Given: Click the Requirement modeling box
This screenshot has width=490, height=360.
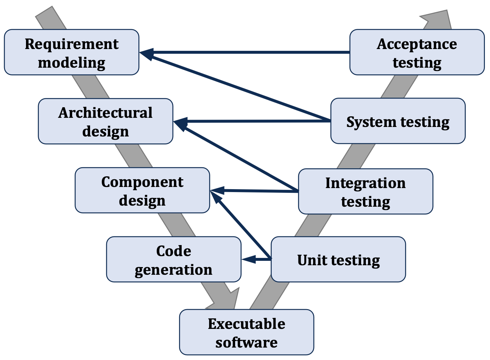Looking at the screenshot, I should [x=71, y=52].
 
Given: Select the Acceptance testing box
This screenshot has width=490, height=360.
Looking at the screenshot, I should [x=417, y=52].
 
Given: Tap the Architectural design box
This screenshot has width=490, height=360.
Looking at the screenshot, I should [x=105, y=121].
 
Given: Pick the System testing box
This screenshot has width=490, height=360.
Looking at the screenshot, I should [x=398, y=121].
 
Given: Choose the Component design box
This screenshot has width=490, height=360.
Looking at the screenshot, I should [x=142, y=190].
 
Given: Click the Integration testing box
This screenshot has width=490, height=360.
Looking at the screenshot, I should [x=365, y=191].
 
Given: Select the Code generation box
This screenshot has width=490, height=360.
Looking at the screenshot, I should [x=174, y=259].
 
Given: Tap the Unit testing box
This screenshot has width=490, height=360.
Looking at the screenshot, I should [x=338, y=259].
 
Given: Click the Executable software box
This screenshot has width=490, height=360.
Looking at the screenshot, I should [x=246, y=332].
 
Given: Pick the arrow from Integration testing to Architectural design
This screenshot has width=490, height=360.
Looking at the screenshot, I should [x=238, y=157].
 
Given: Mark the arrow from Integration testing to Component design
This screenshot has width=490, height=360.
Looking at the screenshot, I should [x=256, y=191].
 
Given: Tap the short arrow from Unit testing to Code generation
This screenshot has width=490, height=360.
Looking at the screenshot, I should [x=256, y=259].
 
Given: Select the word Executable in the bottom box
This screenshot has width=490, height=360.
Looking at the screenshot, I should [x=246, y=324].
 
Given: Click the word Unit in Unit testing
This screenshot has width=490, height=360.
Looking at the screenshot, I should [x=311, y=260].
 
